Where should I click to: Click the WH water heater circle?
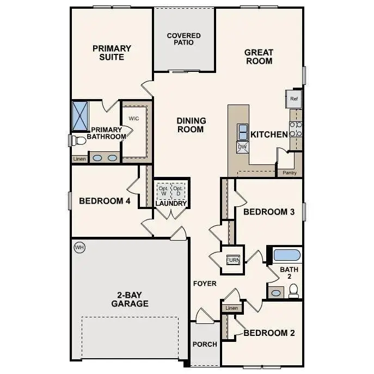pyautogui.click(x=79, y=248)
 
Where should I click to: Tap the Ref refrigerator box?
pyautogui.click(x=294, y=99)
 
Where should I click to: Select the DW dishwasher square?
pyautogui.click(x=242, y=146)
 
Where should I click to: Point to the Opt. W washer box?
pyautogui.click(x=163, y=191)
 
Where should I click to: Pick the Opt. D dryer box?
pyautogui.click(x=178, y=191)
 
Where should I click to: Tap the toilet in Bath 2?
pyautogui.click(x=294, y=293)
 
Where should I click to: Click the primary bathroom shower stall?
pyautogui.click(x=81, y=115)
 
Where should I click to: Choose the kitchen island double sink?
pyautogui.click(x=242, y=131)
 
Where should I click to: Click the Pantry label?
pyautogui.click(x=290, y=173)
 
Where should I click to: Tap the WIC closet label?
pyautogui.click(x=134, y=118)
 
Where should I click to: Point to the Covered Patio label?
pyautogui.click(x=183, y=39)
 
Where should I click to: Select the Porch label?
pyautogui.click(x=205, y=344)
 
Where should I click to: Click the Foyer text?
pyautogui.click(x=205, y=284)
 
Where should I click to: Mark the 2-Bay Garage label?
pyautogui.click(x=130, y=299)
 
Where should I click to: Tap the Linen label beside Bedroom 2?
pyautogui.click(x=231, y=309)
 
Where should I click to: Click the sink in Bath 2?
pyautogui.click(x=276, y=293)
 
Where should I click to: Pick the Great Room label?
pyautogui.click(x=259, y=57)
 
